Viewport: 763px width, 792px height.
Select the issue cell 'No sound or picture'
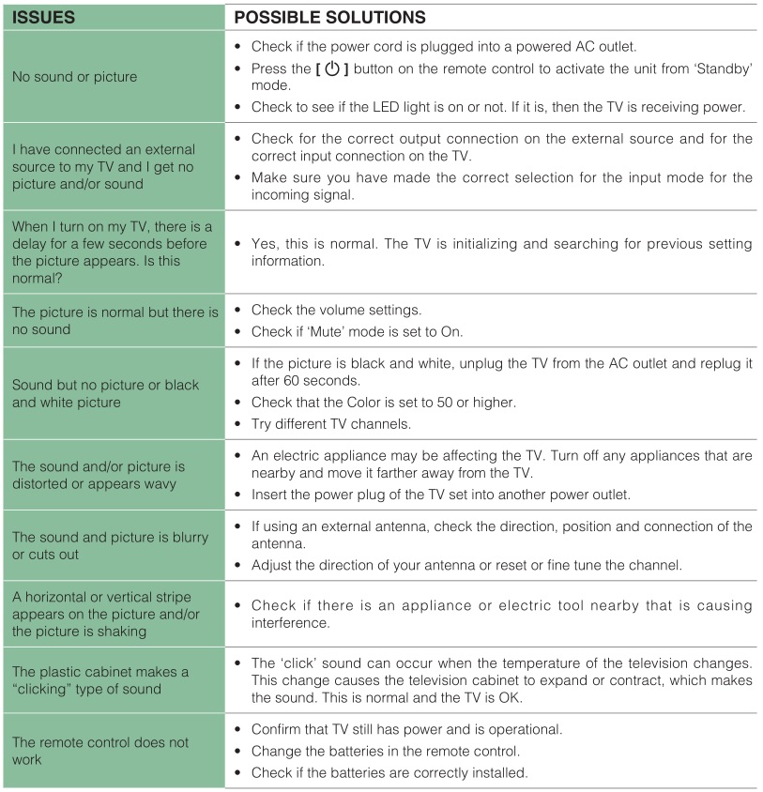pyautogui.click(x=74, y=77)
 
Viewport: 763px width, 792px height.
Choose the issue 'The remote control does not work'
pyautogui.click(x=100, y=750)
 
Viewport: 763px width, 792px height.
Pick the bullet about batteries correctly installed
pyautogui.click(x=390, y=771)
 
